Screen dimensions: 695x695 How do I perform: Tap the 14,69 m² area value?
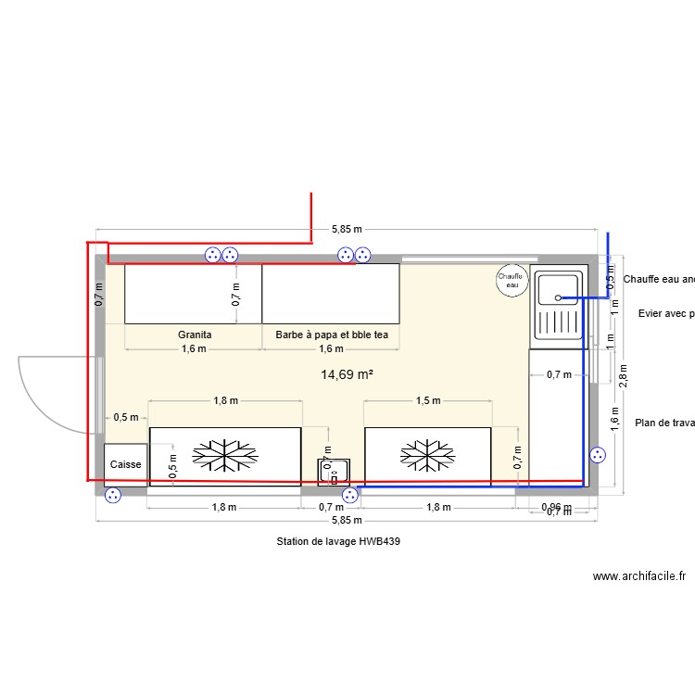click(x=347, y=375)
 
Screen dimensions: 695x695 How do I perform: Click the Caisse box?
click(x=125, y=463)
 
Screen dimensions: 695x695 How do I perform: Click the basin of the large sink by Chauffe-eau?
click(x=557, y=287)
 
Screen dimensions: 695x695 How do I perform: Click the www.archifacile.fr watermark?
click(x=638, y=576)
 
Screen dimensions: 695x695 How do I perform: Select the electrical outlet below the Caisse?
click(x=114, y=496)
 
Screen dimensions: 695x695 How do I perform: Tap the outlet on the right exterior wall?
click(x=598, y=455)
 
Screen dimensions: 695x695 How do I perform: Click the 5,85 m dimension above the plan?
click(x=346, y=229)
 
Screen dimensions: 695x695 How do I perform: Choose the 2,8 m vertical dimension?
click(x=625, y=371)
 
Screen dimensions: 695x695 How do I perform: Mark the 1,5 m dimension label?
click(x=426, y=401)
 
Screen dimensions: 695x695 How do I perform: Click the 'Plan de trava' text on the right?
click(x=664, y=423)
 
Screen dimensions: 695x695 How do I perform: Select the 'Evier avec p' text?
click(x=666, y=314)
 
